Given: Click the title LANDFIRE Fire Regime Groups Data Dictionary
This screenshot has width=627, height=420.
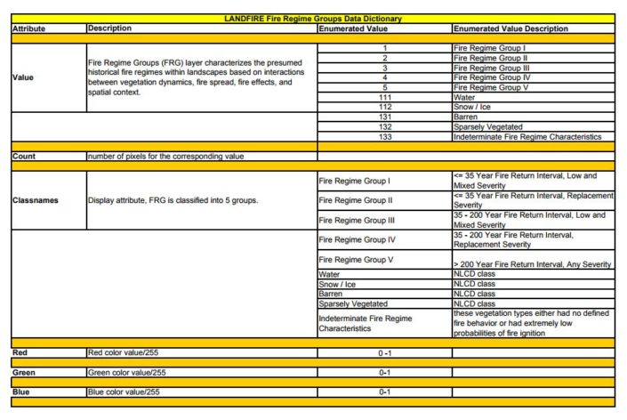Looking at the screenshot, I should pos(313,19).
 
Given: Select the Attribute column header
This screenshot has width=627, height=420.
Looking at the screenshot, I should pos(29,28).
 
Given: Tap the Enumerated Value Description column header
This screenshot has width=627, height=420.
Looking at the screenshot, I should pos(510,28).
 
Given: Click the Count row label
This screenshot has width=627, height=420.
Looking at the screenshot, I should pos(24,156).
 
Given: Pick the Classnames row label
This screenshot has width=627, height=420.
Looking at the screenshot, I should pos(36,200).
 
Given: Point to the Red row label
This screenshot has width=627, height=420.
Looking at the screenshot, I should pos(20,353).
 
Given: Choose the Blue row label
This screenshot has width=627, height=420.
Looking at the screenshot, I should pos(22,392).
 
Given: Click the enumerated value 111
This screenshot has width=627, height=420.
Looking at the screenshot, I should pos(384,96).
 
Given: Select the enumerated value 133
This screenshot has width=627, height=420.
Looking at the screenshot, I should pos(384,136).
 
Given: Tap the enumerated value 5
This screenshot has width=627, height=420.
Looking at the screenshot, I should pos(384,86).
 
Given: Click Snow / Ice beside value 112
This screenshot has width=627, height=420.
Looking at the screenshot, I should pos(473,106).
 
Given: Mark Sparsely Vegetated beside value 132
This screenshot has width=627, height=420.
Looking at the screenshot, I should pos(488,126).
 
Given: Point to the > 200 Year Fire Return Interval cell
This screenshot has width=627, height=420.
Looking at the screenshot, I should pos(532,264).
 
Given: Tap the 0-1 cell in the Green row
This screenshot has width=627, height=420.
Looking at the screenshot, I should pos(384,372).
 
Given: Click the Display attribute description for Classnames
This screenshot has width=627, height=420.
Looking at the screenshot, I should pos(173,200).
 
